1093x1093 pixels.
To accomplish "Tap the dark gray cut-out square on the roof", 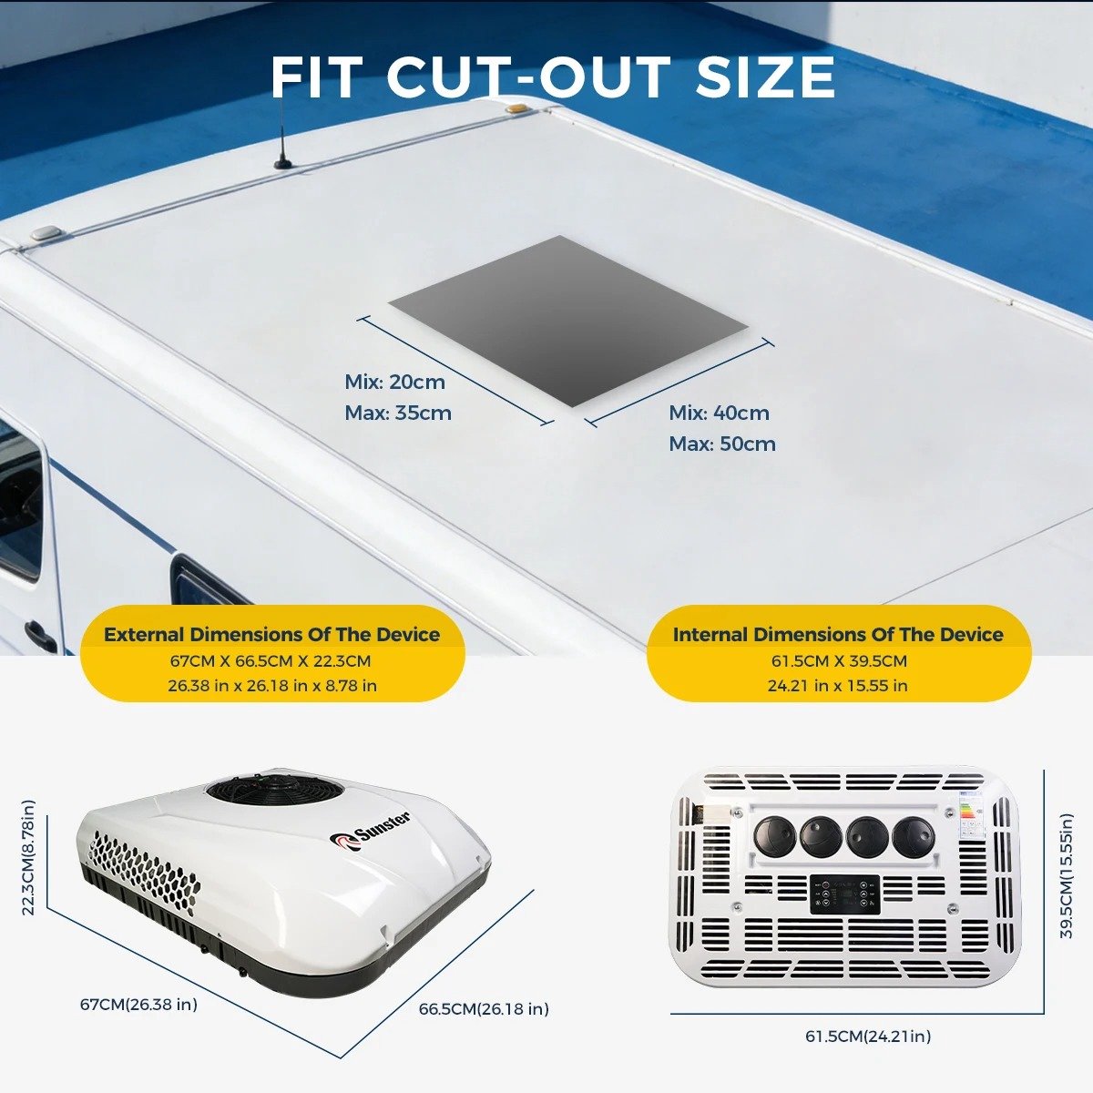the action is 568,321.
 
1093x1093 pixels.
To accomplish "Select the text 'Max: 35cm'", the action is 398,413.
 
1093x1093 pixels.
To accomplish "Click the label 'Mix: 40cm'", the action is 720,413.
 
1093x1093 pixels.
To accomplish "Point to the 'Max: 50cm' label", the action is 722,444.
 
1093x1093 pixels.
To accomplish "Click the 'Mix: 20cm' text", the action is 394,383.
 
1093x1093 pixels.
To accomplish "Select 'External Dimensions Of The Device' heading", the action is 271,635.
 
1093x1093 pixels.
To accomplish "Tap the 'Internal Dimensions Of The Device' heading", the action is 838,635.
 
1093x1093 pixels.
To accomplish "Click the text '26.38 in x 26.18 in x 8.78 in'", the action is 272,686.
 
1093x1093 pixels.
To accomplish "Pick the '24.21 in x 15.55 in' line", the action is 838,686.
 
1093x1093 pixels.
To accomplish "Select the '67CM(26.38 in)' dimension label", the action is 138,1005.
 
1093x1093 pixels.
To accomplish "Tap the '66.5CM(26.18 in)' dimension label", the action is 484,1009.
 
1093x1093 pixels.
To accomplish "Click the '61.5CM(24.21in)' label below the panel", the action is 868,1037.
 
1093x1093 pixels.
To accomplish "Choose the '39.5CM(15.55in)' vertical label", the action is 1066,876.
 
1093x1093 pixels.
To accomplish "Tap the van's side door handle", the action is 40,634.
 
